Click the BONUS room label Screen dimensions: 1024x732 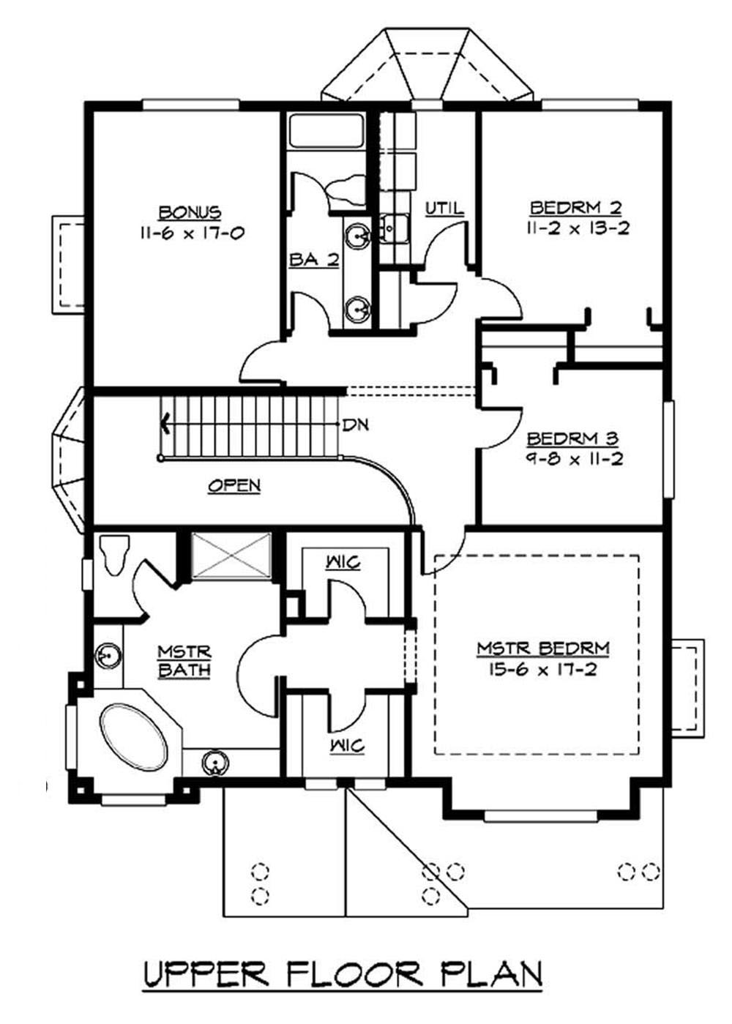[x=190, y=212]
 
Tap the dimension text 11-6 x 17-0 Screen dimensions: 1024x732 [x=190, y=233]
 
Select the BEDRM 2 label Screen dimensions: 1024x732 [x=577, y=207]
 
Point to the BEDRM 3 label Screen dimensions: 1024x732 [x=572, y=439]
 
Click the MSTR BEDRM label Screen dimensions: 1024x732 [x=543, y=648]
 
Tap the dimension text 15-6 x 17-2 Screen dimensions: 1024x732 [x=543, y=669]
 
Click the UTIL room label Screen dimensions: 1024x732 [x=444, y=209]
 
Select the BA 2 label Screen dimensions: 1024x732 [x=314, y=260]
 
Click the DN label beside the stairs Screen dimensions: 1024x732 [x=357, y=425]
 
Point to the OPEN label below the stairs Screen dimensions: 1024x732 [x=234, y=485]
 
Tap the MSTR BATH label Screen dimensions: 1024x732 [x=184, y=660]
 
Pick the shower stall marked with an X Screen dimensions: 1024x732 [x=231, y=556]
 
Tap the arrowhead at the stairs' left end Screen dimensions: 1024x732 [x=166, y=422]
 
